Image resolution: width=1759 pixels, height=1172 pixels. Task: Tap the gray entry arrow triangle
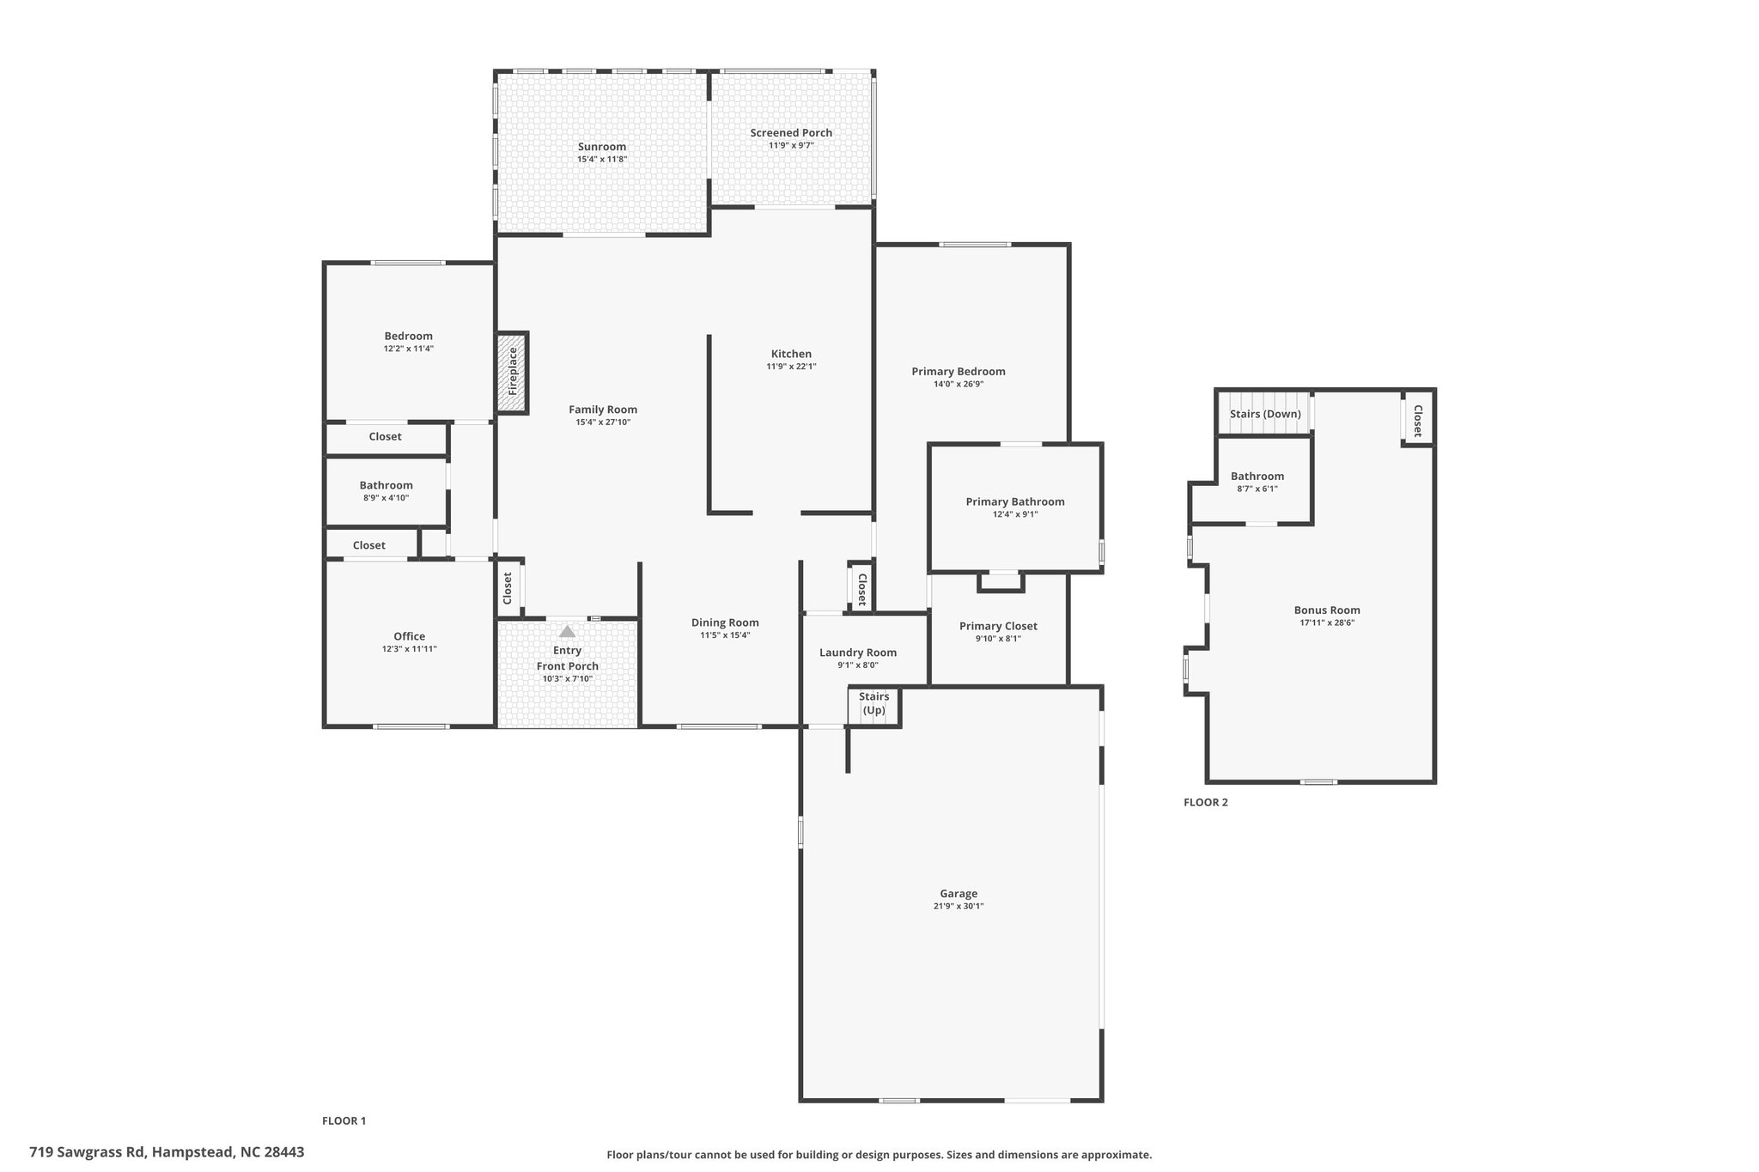coord(567,630)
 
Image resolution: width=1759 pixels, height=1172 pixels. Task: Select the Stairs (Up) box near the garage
coord(874,707)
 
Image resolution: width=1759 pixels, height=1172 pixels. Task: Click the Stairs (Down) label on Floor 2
coord(1265,414)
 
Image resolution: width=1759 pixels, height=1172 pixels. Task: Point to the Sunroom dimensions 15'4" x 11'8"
coord(602,160)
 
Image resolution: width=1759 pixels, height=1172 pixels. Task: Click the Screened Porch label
coord(791,133)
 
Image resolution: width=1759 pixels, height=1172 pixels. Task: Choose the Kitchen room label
coord(791,354)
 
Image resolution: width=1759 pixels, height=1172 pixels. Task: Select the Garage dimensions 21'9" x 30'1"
coord(959,906)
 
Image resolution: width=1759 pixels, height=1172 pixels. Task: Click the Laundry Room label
coord(858,653)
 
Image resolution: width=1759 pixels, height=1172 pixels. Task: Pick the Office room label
coord(410,636)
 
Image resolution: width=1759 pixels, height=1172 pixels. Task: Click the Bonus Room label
coord(1327,610)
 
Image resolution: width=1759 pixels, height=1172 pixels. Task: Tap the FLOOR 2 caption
coord(1206,803)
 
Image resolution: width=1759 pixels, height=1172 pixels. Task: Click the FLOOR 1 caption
coord(344,1120)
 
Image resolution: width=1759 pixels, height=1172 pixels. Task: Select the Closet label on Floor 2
coord(1418,421)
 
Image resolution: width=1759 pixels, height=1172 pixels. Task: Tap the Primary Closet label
coord(998,626)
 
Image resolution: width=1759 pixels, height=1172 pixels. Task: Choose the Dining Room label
coord(725,622)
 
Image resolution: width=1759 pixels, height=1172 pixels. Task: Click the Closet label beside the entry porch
coord(508,588)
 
